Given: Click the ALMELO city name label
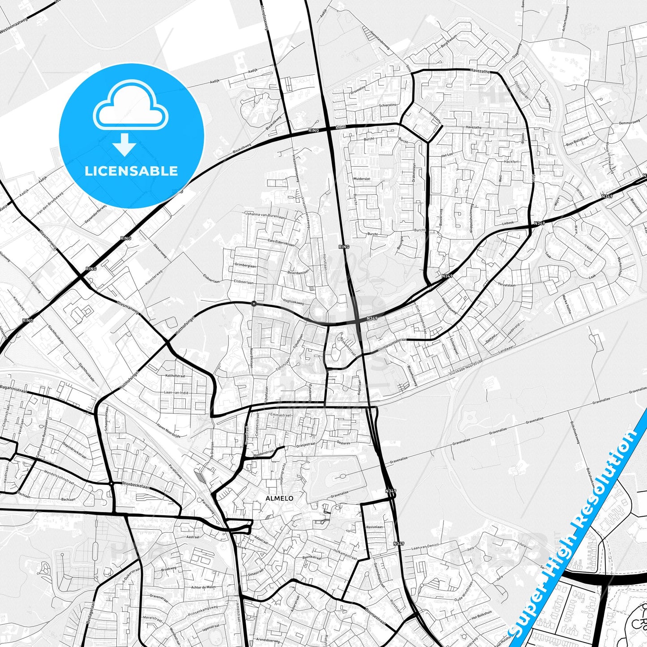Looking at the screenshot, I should point(279,498).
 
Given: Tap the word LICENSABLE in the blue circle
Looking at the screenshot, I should point(131,171).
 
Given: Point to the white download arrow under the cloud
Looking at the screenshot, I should point(124,144).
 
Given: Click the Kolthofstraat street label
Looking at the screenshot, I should point(175,376).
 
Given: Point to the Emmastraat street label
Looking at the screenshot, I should point(281,415).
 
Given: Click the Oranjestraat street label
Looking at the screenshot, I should point(306,445).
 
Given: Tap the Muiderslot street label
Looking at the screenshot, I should point(362,179).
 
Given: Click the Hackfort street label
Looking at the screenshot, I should point(511,161).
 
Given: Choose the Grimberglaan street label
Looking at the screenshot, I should point(245,265).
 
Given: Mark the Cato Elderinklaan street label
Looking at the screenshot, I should point(281,242).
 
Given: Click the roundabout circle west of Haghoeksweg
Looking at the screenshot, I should point(254,304).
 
